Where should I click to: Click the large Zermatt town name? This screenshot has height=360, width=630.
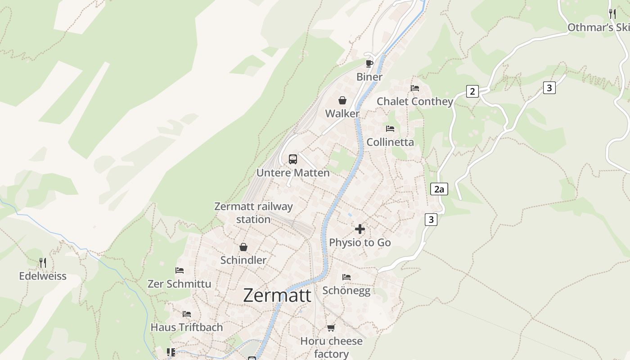[277, 296]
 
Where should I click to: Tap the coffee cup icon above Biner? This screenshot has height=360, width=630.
[369, 63]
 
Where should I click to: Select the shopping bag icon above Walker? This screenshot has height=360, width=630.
[342, 100]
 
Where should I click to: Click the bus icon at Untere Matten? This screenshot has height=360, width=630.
[293, 159]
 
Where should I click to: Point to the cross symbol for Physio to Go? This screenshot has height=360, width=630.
[360, 229]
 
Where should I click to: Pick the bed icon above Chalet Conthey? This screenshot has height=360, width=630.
[415, 88]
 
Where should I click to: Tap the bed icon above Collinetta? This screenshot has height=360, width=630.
[390, 129]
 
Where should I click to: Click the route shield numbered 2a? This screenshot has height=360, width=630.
[439, 189]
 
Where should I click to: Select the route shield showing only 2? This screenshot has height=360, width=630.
[472, 91]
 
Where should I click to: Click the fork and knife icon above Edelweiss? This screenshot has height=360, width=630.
[43, 262]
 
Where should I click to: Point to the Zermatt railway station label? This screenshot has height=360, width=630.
[253, 213]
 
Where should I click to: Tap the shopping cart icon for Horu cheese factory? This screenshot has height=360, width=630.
[331, 328]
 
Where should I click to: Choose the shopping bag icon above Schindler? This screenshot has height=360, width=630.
[243, 247]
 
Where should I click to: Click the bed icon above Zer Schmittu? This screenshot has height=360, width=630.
[180, 270]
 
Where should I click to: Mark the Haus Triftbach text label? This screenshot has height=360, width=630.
[187, 327]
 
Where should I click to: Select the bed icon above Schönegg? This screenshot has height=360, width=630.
[346, 277]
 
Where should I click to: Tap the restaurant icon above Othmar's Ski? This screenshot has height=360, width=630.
[612, 13]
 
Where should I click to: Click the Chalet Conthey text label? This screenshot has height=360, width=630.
[415, 102]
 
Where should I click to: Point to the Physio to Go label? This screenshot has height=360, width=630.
[360, 243]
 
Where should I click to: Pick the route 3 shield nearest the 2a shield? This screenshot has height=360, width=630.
[431, 220]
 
